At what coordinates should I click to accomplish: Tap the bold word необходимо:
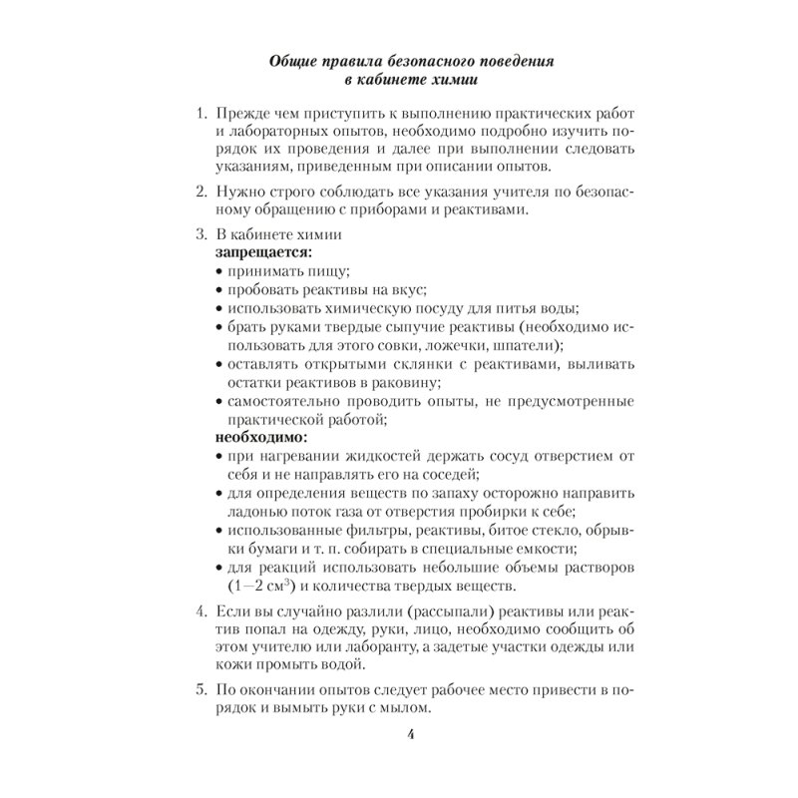point(258,437)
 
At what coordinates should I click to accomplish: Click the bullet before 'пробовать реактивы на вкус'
point(219,290)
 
